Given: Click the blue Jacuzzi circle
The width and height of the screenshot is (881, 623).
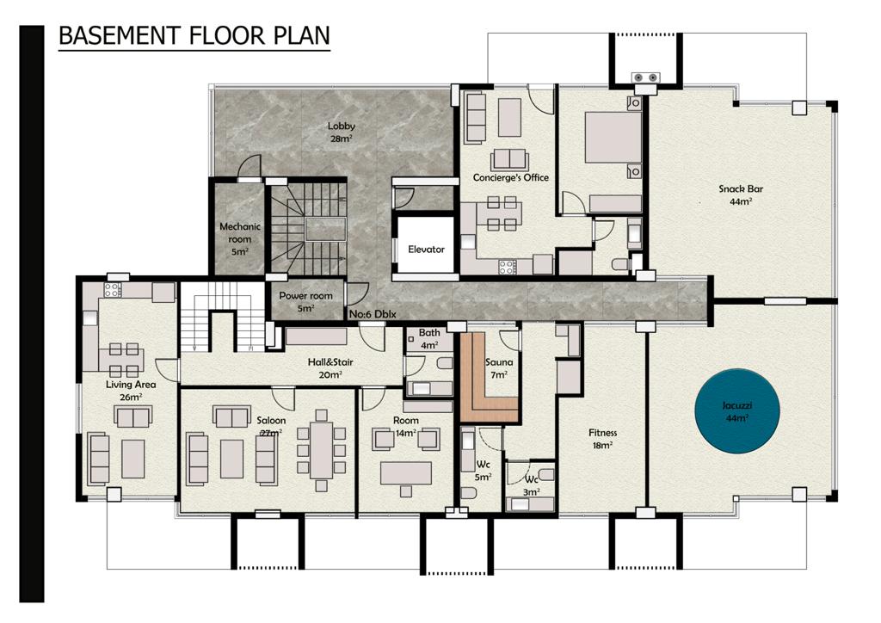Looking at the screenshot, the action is coord(737,410).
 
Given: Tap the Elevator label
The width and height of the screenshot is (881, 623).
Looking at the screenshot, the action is coord(426,249).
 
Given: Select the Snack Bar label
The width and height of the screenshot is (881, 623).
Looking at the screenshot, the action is coord(741,194).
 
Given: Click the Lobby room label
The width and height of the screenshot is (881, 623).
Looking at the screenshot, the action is coord(341,132).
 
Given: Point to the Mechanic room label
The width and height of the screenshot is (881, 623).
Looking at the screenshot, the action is coord(240,238).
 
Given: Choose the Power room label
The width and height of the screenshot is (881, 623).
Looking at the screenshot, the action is coord(305,301).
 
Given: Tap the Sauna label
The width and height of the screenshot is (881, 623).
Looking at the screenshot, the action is coord(499,368).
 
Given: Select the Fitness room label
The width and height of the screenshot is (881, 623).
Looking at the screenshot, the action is coord(602,439).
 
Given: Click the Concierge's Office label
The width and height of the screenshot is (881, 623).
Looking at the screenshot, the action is coord(510,177).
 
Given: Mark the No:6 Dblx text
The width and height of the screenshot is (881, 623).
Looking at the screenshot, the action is coord(373,314).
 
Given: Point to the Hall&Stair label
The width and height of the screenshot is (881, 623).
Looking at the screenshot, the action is coord(330,368).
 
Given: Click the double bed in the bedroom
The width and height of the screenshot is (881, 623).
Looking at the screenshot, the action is coord(613,137).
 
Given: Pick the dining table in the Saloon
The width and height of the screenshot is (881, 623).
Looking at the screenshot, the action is coord(322,449).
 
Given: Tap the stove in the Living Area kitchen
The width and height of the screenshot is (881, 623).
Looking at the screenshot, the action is coord(112,290).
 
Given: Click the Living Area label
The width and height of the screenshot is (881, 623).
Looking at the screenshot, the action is coord(131,391).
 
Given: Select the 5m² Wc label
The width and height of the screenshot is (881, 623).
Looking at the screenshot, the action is coord(484,470).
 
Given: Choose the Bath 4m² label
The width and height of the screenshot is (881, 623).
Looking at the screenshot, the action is coord(429,339).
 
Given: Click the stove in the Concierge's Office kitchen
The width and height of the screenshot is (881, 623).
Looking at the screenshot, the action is coord(507,266).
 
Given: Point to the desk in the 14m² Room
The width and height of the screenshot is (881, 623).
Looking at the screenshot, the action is coord(406,472).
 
